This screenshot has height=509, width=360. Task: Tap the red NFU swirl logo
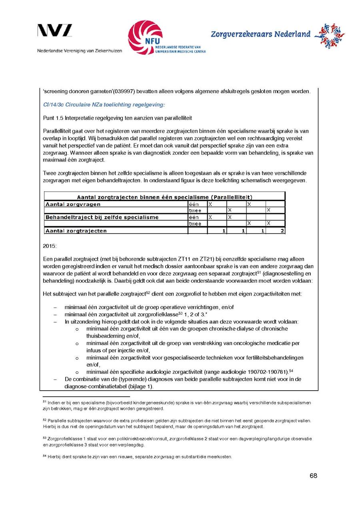click(145, 37)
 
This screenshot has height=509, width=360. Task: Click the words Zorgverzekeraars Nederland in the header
click(260, 34)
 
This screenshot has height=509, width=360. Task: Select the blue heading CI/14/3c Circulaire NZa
click(104, 105)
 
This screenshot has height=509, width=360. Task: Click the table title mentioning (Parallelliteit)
click(164, 197)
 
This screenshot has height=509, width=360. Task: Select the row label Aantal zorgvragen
click(73, 204)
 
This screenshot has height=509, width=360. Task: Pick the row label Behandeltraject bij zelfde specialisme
click(102, 217)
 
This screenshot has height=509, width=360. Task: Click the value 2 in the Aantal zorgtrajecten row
click(282, 231)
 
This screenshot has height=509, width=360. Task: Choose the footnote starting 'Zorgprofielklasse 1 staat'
click(176, 441)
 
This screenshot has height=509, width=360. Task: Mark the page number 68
click(313, 476)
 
